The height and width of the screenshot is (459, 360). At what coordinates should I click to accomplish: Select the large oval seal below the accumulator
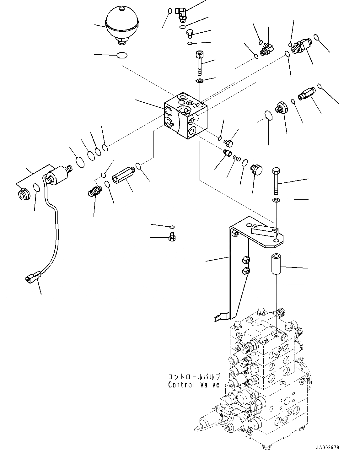[122, 56]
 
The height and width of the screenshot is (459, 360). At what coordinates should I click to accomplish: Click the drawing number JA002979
[328, 447]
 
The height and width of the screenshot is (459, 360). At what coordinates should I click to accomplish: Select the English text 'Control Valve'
[194, 385]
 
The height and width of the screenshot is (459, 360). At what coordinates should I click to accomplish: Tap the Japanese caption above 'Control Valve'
[194, 377]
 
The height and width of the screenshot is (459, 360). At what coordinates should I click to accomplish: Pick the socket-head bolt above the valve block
[199, 62]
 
